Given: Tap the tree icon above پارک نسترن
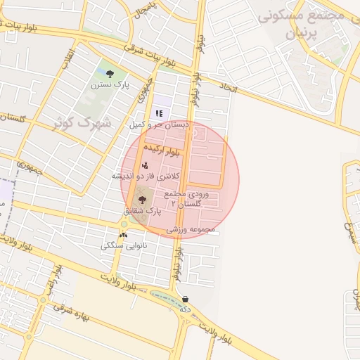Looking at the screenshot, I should (110, 72).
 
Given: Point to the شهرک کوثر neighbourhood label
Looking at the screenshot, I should (83, 123).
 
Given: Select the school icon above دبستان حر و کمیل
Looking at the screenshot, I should (160, 112).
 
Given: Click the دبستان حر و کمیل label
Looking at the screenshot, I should (159, 124).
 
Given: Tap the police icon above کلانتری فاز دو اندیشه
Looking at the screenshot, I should (145, 165).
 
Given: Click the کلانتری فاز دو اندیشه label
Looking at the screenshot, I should (146, 175).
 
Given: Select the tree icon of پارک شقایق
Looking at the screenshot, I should (141, 200).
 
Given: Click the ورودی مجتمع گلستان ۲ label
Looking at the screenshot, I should (185, 198).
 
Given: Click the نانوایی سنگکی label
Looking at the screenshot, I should (124, 246).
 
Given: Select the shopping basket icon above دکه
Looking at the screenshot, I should (185, 298).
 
